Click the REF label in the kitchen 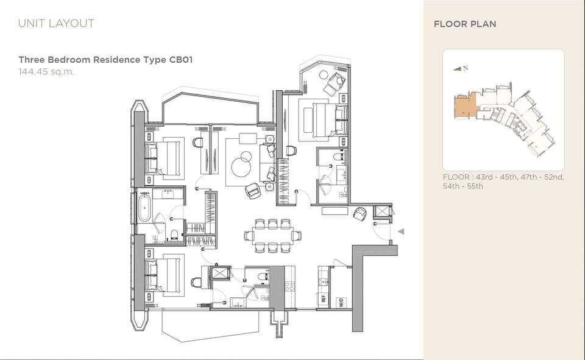pyautogui.click(x=324, y=299)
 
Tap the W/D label pyautogui.click(x=341, y=302)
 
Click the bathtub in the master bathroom pyautogui.click(x=144, y=207)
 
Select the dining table pyautogui.click(x=273, y=236)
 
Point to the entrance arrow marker pyautogui.click(x=401, y=231)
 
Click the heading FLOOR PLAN pyautogui.click(x=465, y=24)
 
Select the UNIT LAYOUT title pyautogui.click(x=56, y=23)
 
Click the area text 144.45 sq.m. pyautogui.click(x=47, y=72)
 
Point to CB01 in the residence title pyautogui.click(x=181, y=60)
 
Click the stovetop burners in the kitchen pyautogui.click(x=289, y=287)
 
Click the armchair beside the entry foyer pyautogui.click(x=360, y=214)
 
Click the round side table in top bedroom pyautogui.click(x=323, y=75)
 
